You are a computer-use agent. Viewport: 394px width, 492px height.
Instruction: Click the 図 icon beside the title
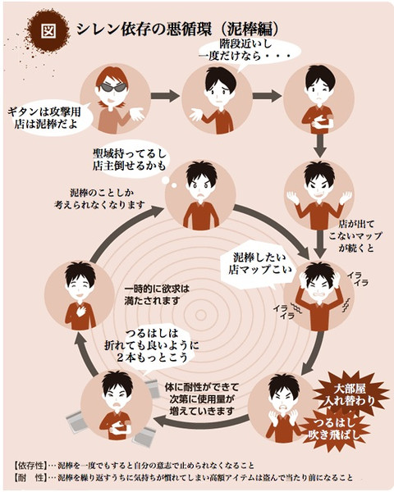(49, 30)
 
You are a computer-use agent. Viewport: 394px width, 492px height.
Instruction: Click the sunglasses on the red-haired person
(113, 87)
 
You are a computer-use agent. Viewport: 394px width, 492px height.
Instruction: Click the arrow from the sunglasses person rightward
(165, 95)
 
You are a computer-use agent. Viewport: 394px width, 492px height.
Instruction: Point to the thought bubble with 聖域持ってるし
(130, 160)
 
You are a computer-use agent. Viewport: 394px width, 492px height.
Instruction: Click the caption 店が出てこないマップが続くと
(355, 236)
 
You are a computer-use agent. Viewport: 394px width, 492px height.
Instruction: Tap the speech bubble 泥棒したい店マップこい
(259, 264)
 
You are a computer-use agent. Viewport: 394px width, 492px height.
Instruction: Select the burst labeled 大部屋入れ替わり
(350, 394)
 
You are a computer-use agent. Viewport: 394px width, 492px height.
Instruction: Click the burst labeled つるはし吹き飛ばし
(337, 429)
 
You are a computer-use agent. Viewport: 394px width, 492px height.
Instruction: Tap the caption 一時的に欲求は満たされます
(157, 294)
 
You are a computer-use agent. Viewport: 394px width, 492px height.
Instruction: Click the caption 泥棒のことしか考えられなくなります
(99, 198)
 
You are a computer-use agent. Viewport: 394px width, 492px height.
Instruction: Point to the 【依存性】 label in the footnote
(30, 465)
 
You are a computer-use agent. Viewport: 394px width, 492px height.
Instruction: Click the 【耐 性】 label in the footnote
(30, 477)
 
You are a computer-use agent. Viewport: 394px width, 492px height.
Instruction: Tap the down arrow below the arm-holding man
(320, 146)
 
